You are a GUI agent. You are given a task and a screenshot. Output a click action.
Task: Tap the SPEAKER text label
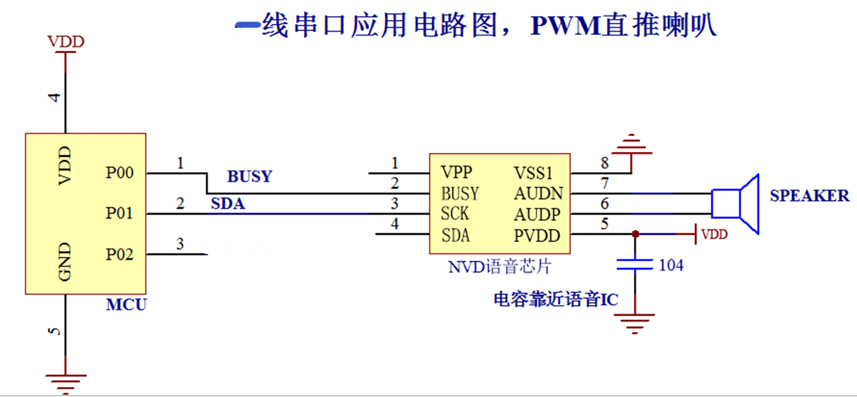coord(809,196)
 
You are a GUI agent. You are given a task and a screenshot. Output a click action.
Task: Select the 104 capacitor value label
coord(670,266)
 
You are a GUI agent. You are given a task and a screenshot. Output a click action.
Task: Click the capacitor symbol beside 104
coord(634,265)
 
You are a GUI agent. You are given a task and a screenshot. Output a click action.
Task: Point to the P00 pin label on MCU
coord(120,173)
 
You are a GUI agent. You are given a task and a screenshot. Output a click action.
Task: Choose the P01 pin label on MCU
coord(120,213)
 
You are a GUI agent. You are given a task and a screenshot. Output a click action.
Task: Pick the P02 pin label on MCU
coord(120,253)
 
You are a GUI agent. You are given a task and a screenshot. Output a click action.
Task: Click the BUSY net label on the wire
coord(249,176)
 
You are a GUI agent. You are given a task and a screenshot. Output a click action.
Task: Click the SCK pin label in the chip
coord(455,214)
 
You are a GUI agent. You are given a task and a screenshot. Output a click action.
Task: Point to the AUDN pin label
coord(538,193)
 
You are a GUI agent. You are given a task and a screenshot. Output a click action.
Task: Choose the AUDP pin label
coord(538,214)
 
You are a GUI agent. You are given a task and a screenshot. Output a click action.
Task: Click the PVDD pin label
coord(538,236)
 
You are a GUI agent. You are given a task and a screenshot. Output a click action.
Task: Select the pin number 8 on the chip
coord(604,163)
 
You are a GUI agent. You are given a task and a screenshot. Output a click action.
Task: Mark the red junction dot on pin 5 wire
coord(634,232)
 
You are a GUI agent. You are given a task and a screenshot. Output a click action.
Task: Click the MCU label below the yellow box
coord(126,305)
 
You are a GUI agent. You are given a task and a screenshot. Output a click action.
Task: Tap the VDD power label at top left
coord(66,42)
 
